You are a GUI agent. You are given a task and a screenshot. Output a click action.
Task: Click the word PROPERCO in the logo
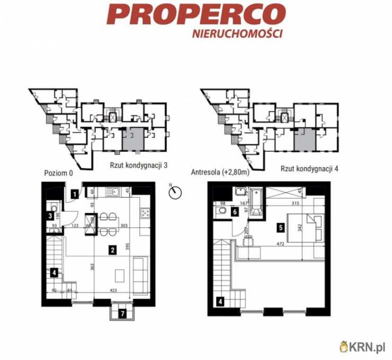click(x=196, y=14)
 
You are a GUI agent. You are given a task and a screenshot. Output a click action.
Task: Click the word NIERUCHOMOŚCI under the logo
click(x=236, y=33)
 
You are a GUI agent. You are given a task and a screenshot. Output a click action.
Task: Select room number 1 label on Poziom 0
click(x=75, y=195)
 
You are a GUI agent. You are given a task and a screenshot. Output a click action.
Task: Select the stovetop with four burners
click(x=145, y=213)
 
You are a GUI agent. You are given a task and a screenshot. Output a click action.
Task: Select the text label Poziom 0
click(x=55, y=173)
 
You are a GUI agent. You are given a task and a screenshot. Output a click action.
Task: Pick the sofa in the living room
click(x=139, y=275)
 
